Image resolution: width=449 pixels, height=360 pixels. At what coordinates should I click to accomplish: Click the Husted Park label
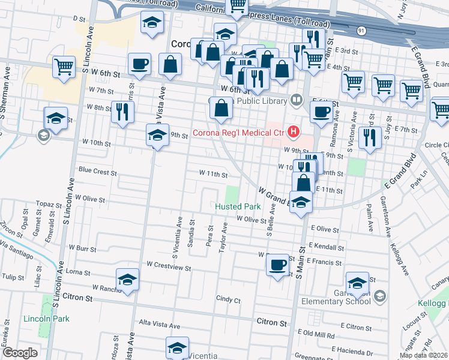click(x=238, y=206)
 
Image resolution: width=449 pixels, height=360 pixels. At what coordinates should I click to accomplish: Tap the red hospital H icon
click(x=294, y=130)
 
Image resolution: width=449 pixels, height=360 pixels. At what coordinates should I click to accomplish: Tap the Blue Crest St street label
click(x=97, y=172)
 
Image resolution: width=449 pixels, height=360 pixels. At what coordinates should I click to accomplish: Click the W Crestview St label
click(x=169, y=265)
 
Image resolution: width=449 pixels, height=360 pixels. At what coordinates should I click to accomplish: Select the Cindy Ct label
click(x=228, y=299)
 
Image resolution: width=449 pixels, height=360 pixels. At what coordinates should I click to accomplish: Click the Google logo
click(x=20, y=353)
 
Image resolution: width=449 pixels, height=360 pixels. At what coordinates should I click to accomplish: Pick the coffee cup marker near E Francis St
click(x=277, y=265)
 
